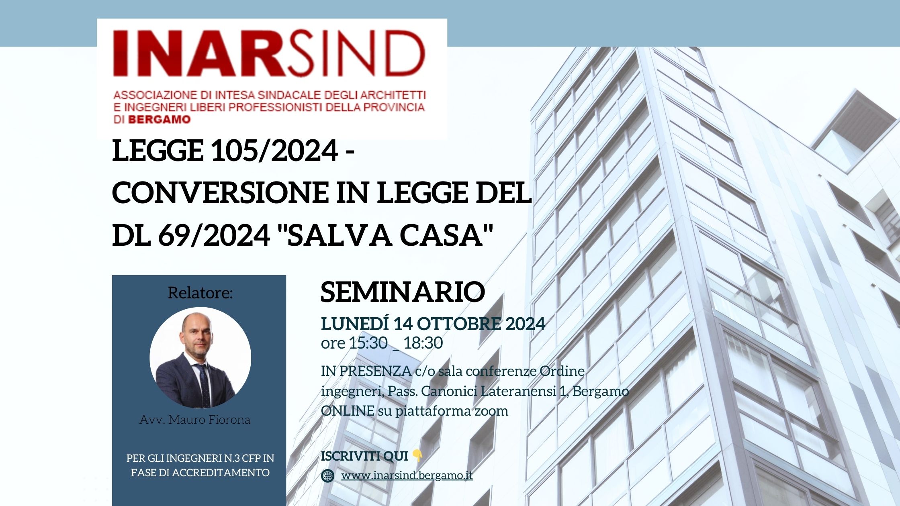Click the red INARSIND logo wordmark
[269, 53]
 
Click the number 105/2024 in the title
[275, 151]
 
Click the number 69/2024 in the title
[214, 235]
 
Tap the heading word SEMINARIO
[403, 292]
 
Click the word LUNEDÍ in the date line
[355, 324]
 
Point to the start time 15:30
[368, 343]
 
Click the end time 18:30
[423, 343]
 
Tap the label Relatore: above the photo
[200, 293]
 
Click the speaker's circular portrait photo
[200, 358]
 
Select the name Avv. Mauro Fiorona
[195, 420]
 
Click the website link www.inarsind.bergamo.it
[407, 475]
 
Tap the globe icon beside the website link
[328, 476]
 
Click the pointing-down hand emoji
[417, 456]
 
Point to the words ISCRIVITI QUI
[364, 456]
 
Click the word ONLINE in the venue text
[348, 411]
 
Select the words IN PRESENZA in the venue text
[366, 371]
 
